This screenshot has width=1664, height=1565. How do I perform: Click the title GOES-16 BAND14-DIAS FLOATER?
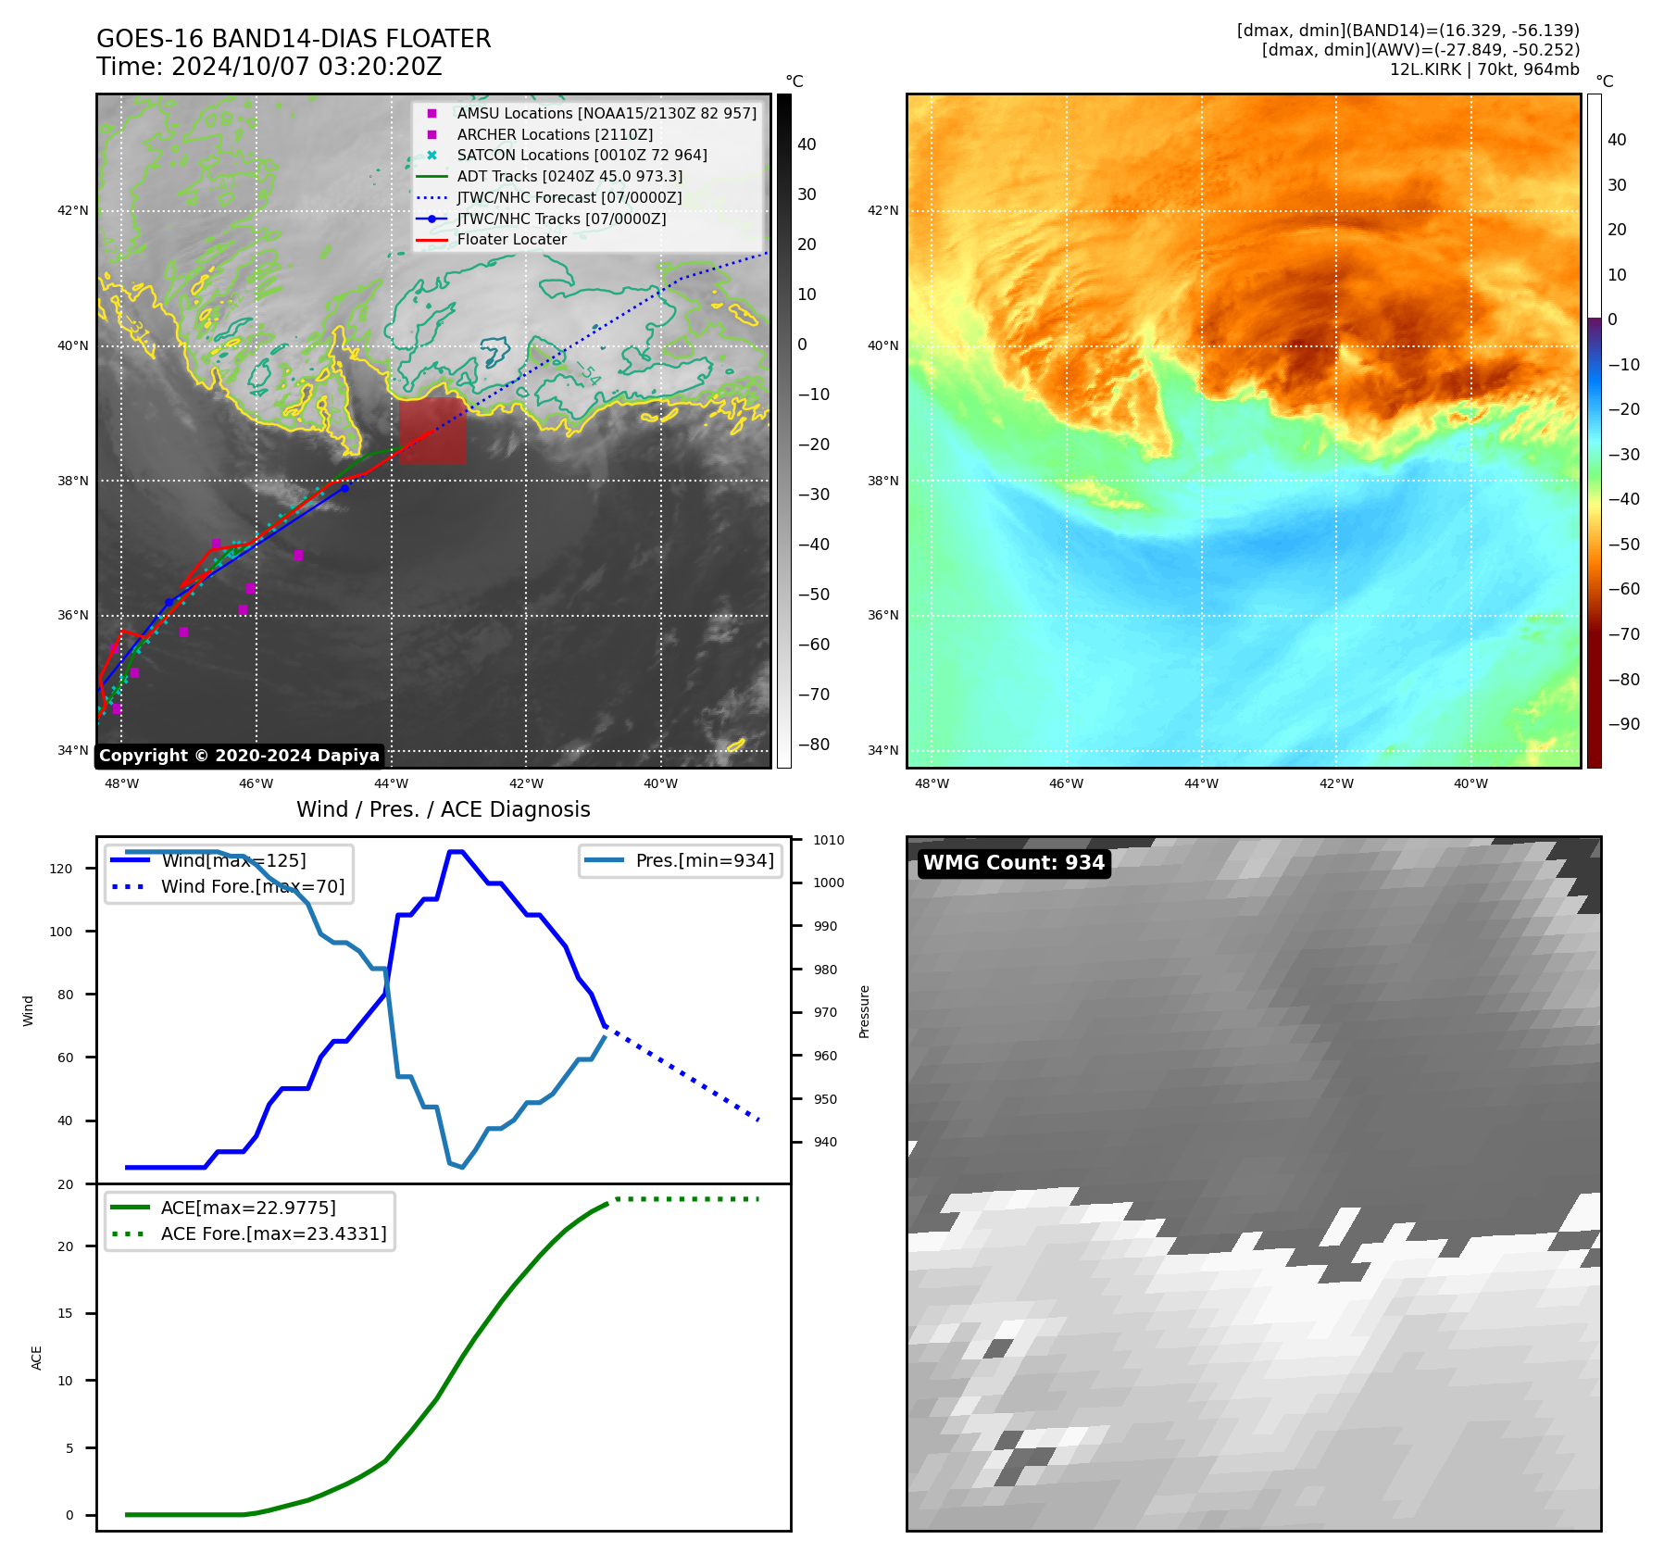click(x=294, y=39)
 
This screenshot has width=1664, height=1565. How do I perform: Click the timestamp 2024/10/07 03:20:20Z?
click(x=307, y=67)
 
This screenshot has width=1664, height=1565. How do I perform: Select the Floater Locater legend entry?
click(x=511, y=240)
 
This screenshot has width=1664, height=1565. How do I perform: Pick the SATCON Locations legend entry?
click(x=582, y=156)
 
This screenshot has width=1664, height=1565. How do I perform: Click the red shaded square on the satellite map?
click(x=432, y=431)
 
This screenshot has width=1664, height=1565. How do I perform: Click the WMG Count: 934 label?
click(x=1013, y=863)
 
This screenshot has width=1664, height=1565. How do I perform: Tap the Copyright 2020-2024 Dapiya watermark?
click(x=239, y=756)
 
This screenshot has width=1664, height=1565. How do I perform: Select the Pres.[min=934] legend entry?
click(x=704, y=860)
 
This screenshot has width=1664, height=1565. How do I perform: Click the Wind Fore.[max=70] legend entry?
click(x=252, y=886)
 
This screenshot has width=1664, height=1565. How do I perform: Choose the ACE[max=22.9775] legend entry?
click(x=248, y=1208)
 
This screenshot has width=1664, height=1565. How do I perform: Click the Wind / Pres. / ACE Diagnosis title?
click(x=443, y=809)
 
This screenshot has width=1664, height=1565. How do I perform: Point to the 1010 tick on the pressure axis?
click(x=829, y=841)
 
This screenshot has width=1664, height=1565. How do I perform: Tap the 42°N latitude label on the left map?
click(x=72, y=211)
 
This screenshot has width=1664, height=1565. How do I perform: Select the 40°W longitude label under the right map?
click(x=1470, y=783)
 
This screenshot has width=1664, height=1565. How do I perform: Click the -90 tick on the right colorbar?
click(x=1623, y=724)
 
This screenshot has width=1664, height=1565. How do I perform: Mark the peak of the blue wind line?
click(x=456, y=851)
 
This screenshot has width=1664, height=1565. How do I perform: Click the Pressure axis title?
click(x=864, y=1011)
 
